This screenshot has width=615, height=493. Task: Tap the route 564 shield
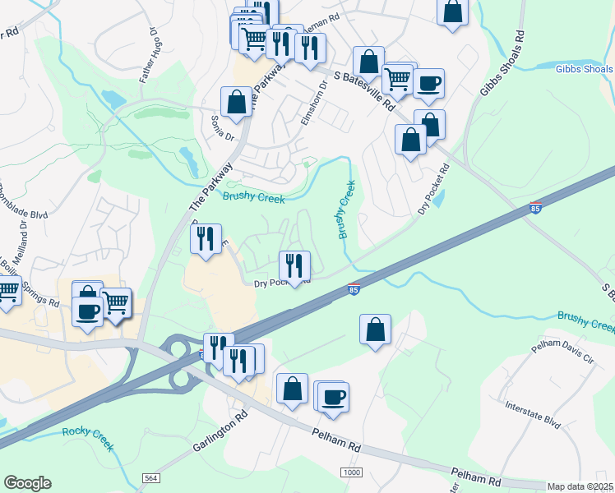coord(150,477)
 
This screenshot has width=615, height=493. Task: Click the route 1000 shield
coord(352,471)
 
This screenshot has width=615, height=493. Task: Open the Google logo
coord(27,482)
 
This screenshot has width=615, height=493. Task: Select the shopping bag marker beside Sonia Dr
coord(236,102)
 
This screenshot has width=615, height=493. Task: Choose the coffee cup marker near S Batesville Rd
coord(428,82)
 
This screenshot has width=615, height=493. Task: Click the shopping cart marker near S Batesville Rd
coord(397,80)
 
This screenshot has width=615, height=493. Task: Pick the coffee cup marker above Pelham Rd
coord(334,396)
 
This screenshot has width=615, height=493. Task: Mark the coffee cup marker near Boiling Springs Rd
coord(89,311)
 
